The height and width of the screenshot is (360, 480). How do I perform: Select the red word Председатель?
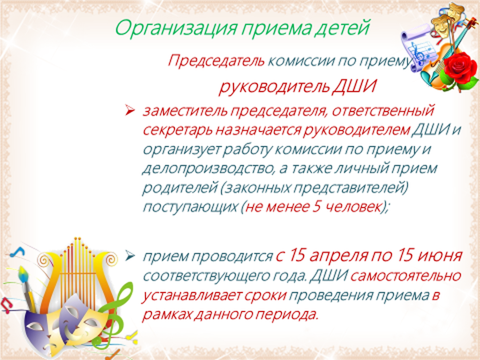tap(216, 61)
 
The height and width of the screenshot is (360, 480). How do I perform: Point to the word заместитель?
tap(185, 111)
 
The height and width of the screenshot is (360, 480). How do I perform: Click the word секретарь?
tap(177, 130)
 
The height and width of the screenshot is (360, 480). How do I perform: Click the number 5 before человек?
tap(316, 207)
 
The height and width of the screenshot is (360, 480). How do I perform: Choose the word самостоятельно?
tap(405, 276)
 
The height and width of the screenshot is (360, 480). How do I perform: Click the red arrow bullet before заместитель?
tap(129, 111)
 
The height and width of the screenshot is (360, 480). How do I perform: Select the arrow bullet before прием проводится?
tap(129, 255)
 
